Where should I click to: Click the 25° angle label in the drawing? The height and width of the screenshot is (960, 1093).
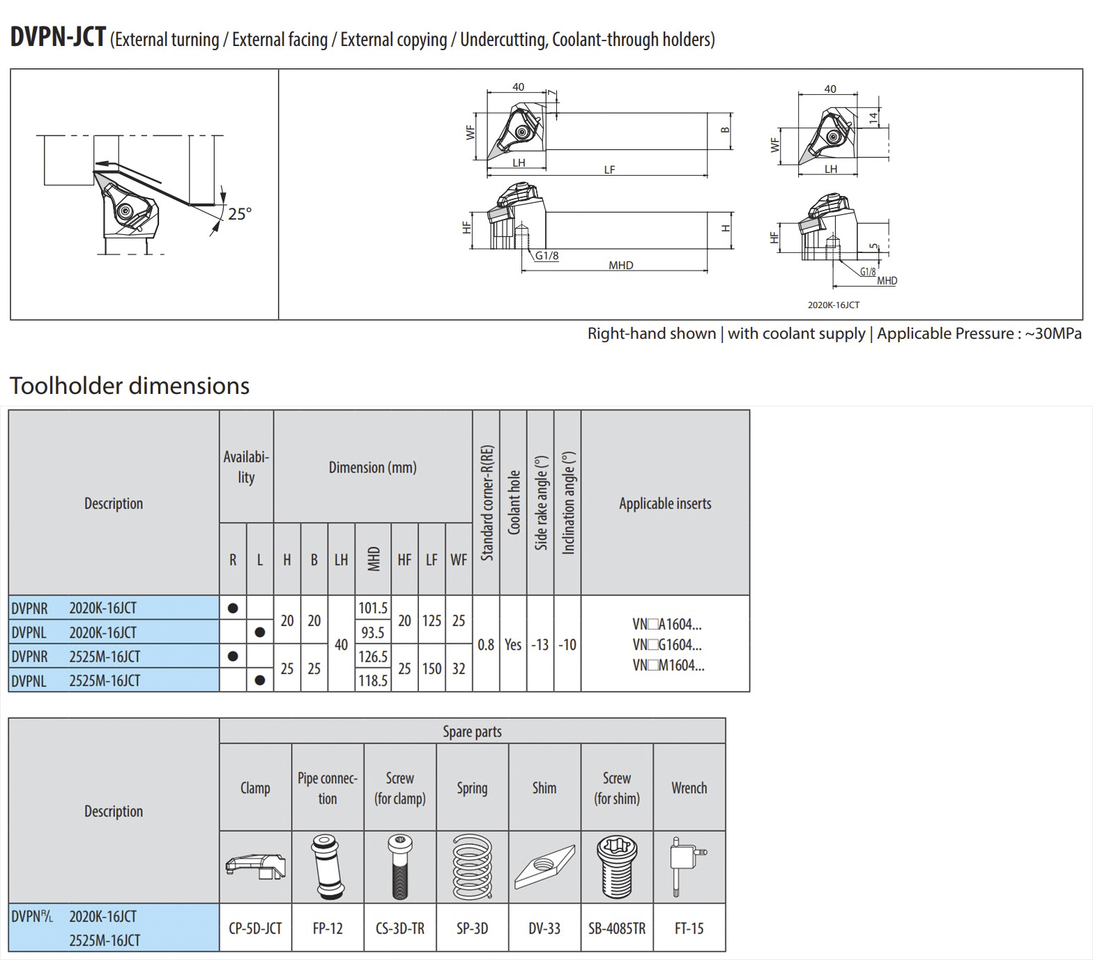pyautogui.click(x=239, y=213)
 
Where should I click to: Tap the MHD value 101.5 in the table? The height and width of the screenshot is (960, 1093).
pyautogui.click(x=373, y=608)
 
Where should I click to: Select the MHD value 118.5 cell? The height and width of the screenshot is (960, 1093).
pyautogui.click(x=373, y=680)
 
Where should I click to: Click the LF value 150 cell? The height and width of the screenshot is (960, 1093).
pyautogui.click(x=431, y=669)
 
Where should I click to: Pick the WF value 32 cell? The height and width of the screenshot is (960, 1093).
pyautogui.click(x=459, y=669)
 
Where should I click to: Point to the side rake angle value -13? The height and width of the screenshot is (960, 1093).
pyautogui.click(x=540, y=644)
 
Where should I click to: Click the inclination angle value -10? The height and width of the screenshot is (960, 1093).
pyautogui.click(x=567, y=644)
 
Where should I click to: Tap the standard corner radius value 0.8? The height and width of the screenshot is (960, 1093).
pyautogui.click(x=486, y=644)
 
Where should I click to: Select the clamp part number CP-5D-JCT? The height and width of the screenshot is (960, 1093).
pyautogui.click(x=255, y=928)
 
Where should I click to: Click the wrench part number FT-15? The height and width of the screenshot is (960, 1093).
pyautogui.click(x=689, y=928)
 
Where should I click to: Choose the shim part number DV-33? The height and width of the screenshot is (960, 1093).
pyautogui.click(x=544, y=928)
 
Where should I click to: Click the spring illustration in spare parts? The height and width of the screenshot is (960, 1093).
pyautogui.click(x=472, y=867)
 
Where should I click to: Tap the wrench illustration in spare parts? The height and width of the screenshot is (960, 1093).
pyautogui.click(x=688, y=866)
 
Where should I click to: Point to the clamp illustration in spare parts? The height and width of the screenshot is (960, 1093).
pyautogui.click(x=255, y=867)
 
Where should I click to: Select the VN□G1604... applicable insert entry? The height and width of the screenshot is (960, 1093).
pyautogui.click(x=667, y=644)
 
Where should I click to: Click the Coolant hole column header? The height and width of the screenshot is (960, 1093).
pyautogui.click(x=514, y=502)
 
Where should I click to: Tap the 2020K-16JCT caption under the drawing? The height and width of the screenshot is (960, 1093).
pyautogui.click(x=834, y=305)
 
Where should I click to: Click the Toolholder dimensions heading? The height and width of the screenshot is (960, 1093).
pyautogui.click(x=130, y=386)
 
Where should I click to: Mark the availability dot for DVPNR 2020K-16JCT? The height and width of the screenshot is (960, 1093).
pyautogui.click(x=233, y=608)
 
